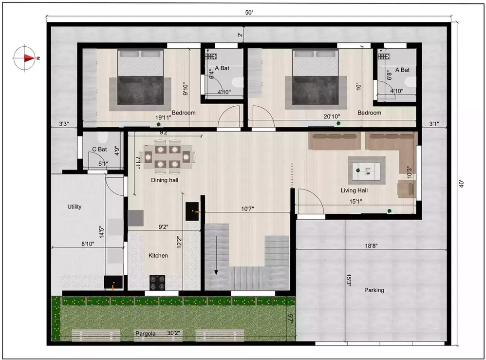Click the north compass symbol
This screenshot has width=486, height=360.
click(25, 58)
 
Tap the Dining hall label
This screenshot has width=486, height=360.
click(165, 180)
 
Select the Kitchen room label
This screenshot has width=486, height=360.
click(158, 255)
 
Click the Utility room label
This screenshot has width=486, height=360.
click(75, 207)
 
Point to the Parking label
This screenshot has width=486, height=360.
click(374, 290)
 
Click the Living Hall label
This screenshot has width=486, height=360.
click(354, 190)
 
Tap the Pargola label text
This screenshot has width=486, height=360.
click(145, 334)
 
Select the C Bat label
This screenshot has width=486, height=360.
click(99, 149)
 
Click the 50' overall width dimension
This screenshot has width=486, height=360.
click(249, 13)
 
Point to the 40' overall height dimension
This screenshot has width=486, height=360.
click(461, 184)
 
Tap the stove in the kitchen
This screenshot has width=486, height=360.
click(157, 282)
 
